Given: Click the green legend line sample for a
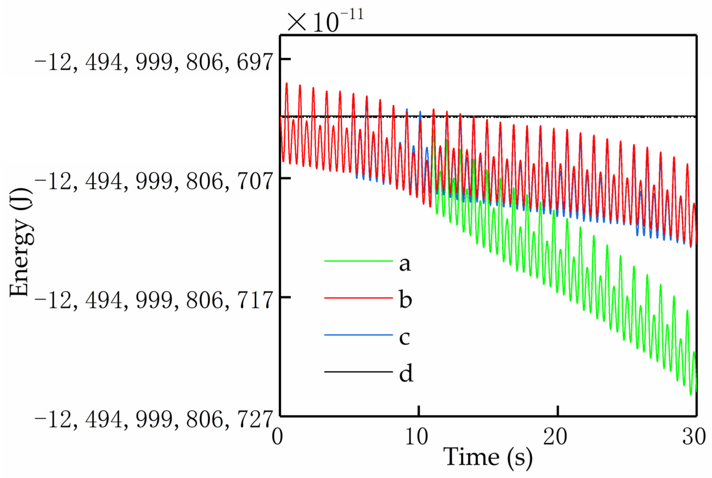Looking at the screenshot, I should [358, 261].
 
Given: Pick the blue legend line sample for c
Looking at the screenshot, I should [358, 335].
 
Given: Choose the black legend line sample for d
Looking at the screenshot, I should [358, 372].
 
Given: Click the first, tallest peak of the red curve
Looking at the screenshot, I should [286, 83].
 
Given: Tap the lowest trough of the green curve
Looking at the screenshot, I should [691, 395].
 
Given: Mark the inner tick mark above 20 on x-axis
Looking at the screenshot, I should [558, 410].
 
